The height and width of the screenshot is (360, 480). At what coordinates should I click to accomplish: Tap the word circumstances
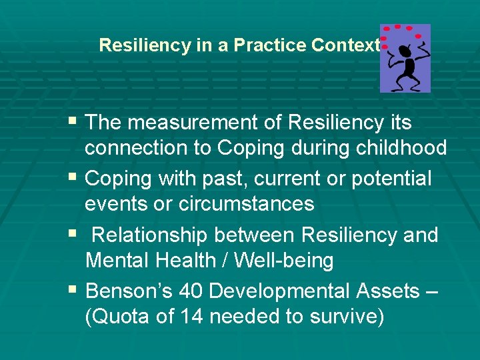(246, 204)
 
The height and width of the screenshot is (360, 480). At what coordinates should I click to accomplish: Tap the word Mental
(117, 261)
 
